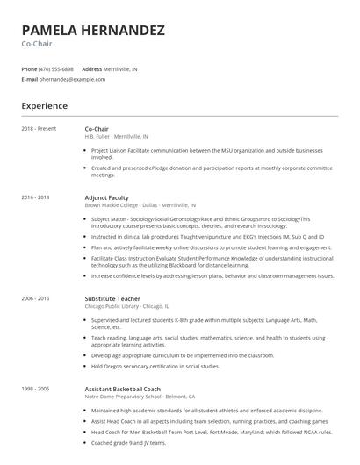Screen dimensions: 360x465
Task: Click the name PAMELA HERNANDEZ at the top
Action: (x=93, y=31)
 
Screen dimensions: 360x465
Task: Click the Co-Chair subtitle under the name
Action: (x=37, y=44)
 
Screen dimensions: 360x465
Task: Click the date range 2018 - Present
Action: (x=39, y=129)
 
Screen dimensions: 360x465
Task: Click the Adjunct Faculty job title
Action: (x=107, y=198)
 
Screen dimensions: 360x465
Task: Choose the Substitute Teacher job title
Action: (x=112, y=298)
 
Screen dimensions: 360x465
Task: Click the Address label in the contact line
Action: (x=91, y=68)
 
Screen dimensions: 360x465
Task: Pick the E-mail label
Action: (x=30, y=79)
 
